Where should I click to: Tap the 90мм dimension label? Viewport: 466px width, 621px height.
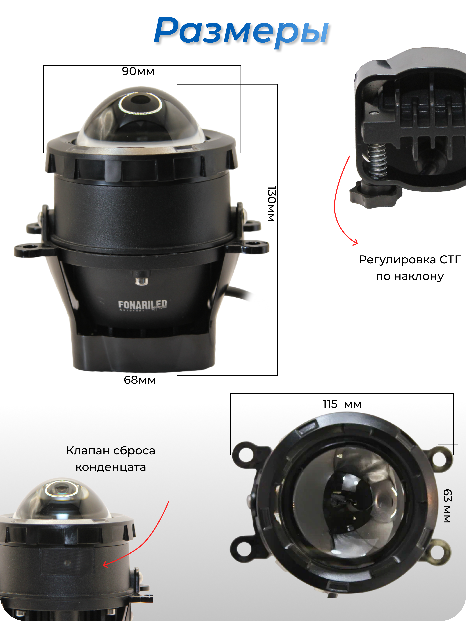coord(138,71)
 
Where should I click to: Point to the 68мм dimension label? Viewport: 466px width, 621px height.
coord(140,380)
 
